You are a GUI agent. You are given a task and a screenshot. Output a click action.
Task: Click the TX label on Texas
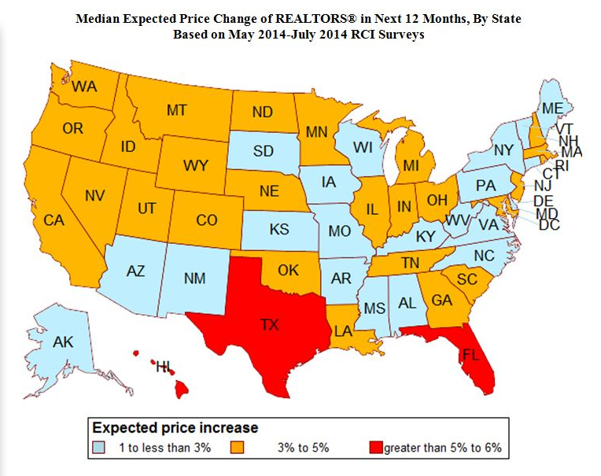coord(269,323)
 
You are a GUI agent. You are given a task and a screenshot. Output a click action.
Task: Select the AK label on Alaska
coord(62,342)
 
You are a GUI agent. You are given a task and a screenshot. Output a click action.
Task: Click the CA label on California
coord(53,221)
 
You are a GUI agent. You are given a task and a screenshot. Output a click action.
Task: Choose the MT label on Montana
coord(176,110)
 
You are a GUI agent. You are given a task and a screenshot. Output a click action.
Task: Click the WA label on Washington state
coord(85,87)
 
